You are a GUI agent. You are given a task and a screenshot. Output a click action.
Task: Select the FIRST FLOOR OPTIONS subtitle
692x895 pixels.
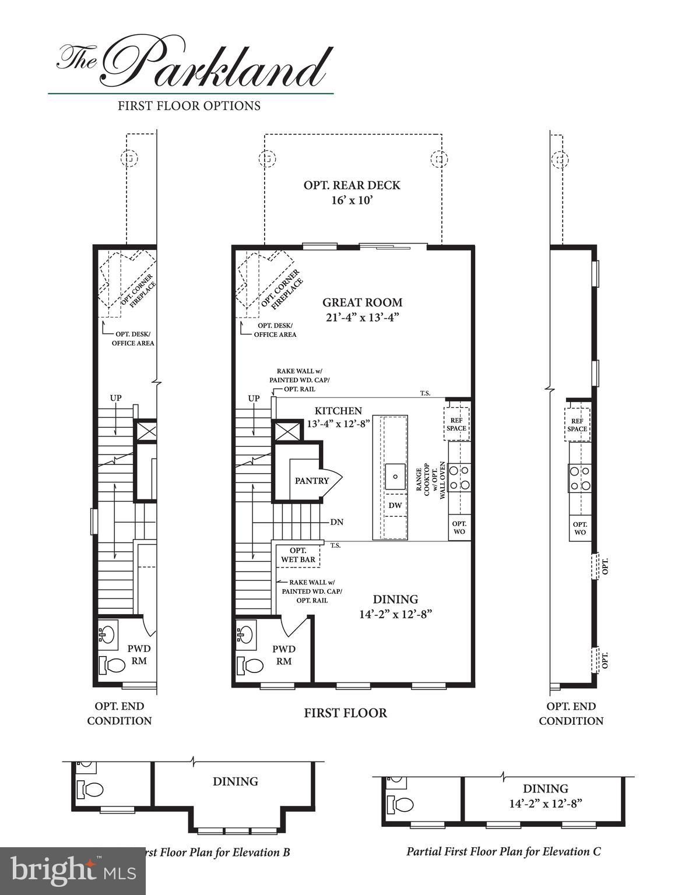pos(189,106)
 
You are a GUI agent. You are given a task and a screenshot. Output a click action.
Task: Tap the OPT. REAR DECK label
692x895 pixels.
pos(352,185)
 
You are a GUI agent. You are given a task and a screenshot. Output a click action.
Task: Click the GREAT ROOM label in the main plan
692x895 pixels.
pos(362,302)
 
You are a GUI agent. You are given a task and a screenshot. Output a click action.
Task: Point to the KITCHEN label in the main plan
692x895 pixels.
pos(338,411)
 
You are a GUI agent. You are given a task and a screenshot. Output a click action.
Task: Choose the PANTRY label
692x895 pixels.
pos(311,481)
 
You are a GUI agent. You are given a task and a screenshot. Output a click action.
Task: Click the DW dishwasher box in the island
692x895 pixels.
pos(395,505)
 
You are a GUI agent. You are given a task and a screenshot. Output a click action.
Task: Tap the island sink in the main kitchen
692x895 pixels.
pos(395,476)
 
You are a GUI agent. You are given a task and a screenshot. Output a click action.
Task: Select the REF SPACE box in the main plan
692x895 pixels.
pos(456,424)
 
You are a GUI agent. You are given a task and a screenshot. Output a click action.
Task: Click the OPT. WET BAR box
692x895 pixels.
pos(298,555)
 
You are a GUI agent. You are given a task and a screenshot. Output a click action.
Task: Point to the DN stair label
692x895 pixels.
pos(336,522)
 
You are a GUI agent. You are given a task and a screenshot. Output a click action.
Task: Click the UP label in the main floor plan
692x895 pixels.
pos(254,399)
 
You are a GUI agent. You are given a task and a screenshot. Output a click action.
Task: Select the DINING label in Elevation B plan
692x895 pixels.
pos(235,781)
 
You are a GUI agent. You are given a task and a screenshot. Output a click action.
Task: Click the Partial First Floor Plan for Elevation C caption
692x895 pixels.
pos(503,851)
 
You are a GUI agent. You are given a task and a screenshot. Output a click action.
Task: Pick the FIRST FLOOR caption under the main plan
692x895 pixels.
pos(345,713)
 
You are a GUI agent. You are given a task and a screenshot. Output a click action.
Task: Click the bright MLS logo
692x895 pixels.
pos(72,871)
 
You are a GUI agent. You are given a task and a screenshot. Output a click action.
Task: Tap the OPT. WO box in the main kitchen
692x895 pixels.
pos(459,527)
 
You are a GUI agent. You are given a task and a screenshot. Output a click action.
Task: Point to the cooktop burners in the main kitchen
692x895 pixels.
pos(460,476)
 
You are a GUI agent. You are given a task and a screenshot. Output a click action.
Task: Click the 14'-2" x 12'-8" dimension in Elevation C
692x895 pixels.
pos(545,803)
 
